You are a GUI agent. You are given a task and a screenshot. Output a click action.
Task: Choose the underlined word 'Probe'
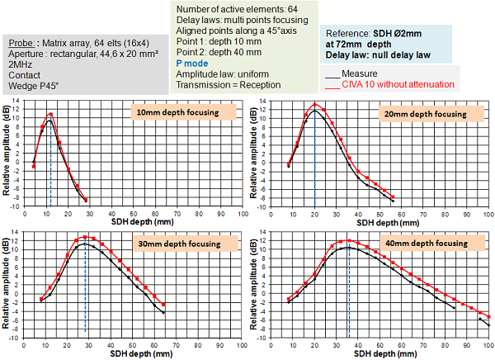[x=21, y=43]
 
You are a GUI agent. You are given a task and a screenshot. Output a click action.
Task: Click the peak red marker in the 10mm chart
[x=50, y=115]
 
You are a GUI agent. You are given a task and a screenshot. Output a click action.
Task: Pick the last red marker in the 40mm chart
[x=488, y=316]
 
